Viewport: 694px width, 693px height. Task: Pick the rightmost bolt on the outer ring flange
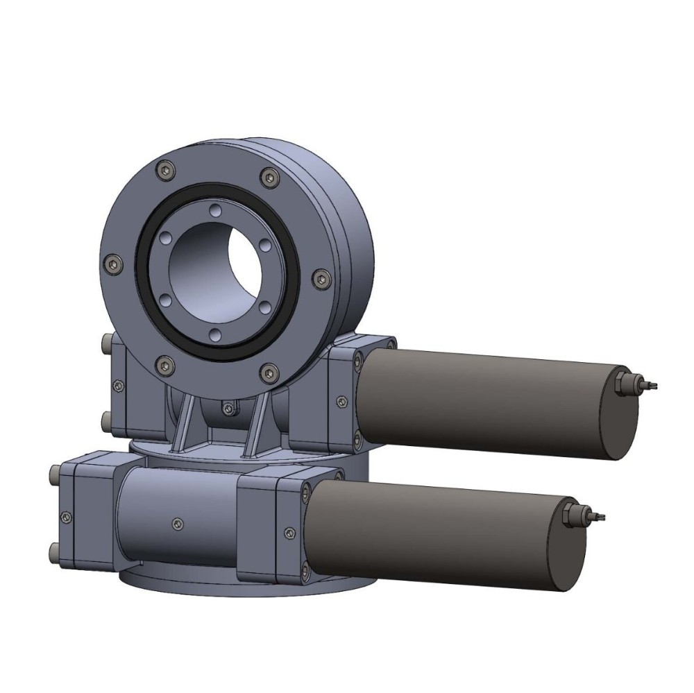(x=319, y=278)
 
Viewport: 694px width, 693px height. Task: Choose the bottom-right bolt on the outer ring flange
(x=268, y=373)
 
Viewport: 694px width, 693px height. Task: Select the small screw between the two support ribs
(x=227, y=408)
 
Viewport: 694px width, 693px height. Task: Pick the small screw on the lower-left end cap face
(x=66, y=516)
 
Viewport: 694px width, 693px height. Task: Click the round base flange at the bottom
(x=180, y=583)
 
